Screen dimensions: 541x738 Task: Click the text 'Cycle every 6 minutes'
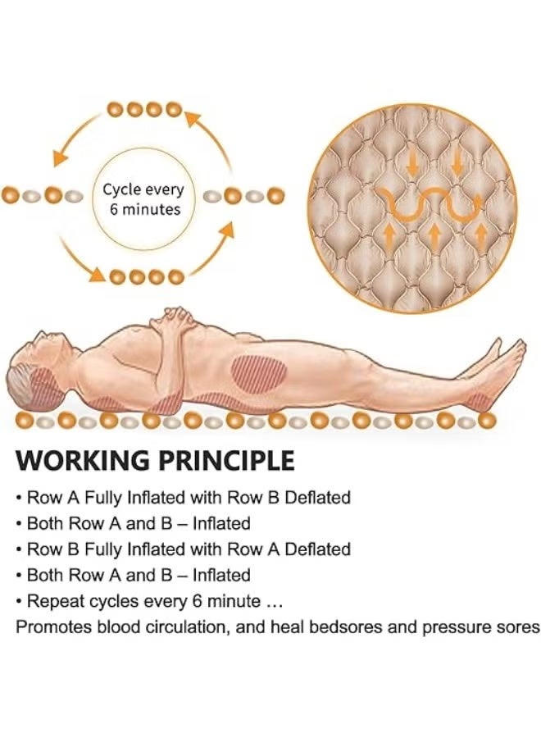143,199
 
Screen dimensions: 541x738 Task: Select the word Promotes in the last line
53,627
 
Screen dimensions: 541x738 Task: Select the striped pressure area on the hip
259,371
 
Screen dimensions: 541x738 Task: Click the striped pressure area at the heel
479,401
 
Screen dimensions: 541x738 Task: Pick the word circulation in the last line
184,627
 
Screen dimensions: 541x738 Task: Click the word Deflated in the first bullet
318,498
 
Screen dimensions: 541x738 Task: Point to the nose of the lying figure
40,335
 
